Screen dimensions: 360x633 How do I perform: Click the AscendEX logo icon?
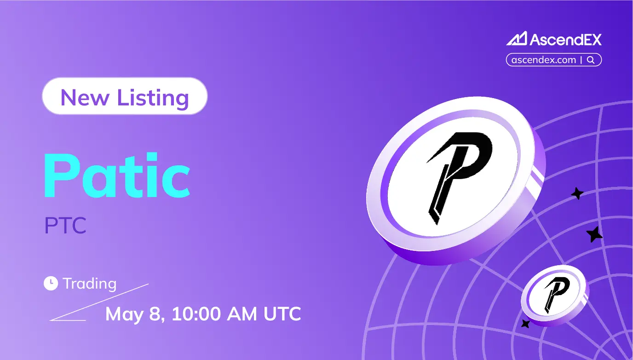click(x=517, y=39)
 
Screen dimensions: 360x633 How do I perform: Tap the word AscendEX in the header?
click(x=565, y=40)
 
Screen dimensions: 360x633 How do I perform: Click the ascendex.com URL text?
click(x=544, y=60)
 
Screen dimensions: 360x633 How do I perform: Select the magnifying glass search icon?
click(x=591, y=60)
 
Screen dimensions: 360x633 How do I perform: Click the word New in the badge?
click(x=85, y=97)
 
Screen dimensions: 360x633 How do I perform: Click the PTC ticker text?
click(x=65, y=226)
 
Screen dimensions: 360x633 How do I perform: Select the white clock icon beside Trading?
click(x=51, y=284)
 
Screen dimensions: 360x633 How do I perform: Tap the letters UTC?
click(x=282, y=314)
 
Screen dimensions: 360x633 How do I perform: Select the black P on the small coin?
click(x=555, y=294)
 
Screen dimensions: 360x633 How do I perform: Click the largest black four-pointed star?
click(x=594, y=234)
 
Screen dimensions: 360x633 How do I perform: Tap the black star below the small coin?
click(x=525, y=324)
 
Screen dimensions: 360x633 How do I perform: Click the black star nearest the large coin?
click(x=577, y=193)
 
